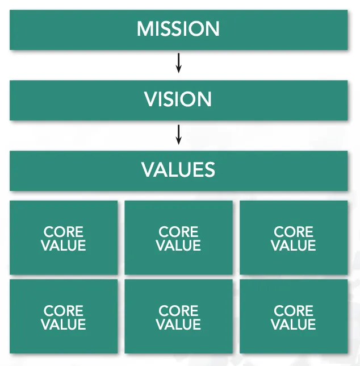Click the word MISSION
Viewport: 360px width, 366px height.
point(178,29)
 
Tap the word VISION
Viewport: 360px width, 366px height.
point(178,99)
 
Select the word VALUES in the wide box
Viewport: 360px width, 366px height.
point(178,170)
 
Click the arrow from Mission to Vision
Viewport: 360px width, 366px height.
point(178,63)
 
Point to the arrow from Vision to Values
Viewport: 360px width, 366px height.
point(178,134)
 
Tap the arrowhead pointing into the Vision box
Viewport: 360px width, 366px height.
point(178,70)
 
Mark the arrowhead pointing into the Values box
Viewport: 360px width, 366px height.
point(178,141)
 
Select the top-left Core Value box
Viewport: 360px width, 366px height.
point(64,238)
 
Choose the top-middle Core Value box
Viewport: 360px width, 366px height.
point(178,238)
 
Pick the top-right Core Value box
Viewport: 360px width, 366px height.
point(294,238)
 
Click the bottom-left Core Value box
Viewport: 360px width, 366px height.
point(64,317)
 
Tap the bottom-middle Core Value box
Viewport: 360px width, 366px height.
point(178,317)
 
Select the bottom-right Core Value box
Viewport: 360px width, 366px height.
point(294,317)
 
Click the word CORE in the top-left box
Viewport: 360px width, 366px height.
point(64,232)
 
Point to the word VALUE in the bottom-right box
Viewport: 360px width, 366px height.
point(294,325)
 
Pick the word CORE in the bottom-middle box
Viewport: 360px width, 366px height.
point(178,311)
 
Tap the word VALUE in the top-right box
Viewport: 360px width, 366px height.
point(294,246)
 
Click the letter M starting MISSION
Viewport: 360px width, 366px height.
point(144,29)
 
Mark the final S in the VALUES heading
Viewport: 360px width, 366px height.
point(210,170)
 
